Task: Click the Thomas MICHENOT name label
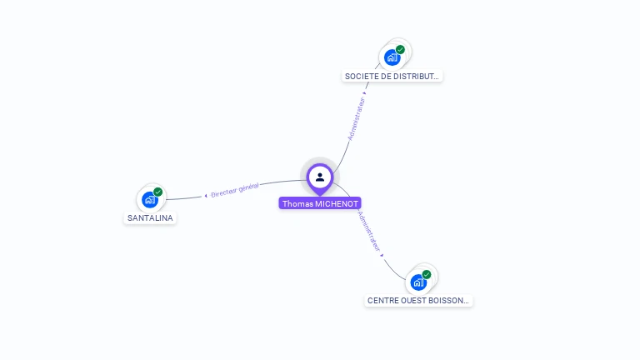click(320, 203)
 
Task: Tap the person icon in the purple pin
click(320, 177)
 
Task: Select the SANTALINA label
click(150, 218)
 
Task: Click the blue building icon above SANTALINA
click(149, 200)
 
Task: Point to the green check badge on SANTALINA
click(157, 192)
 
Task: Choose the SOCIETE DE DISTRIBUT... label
click(392, 76)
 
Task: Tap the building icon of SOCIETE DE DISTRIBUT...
click(391, 57)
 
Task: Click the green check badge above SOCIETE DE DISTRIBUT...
click(400, 50)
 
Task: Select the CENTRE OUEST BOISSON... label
click(418, 300)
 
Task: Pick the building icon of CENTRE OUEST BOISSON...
click(417, 282)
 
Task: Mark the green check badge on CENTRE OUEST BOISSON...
click(427, 274)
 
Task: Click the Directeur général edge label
click(235, 191)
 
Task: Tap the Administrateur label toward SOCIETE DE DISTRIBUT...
click(357, 118)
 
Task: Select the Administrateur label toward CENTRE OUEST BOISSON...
click(369, 231)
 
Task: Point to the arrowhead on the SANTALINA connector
click(206, 196)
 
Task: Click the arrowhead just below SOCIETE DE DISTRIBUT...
click(365, 93)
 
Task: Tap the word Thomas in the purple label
click(296, 203)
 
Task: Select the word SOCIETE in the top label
click(361, 76)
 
